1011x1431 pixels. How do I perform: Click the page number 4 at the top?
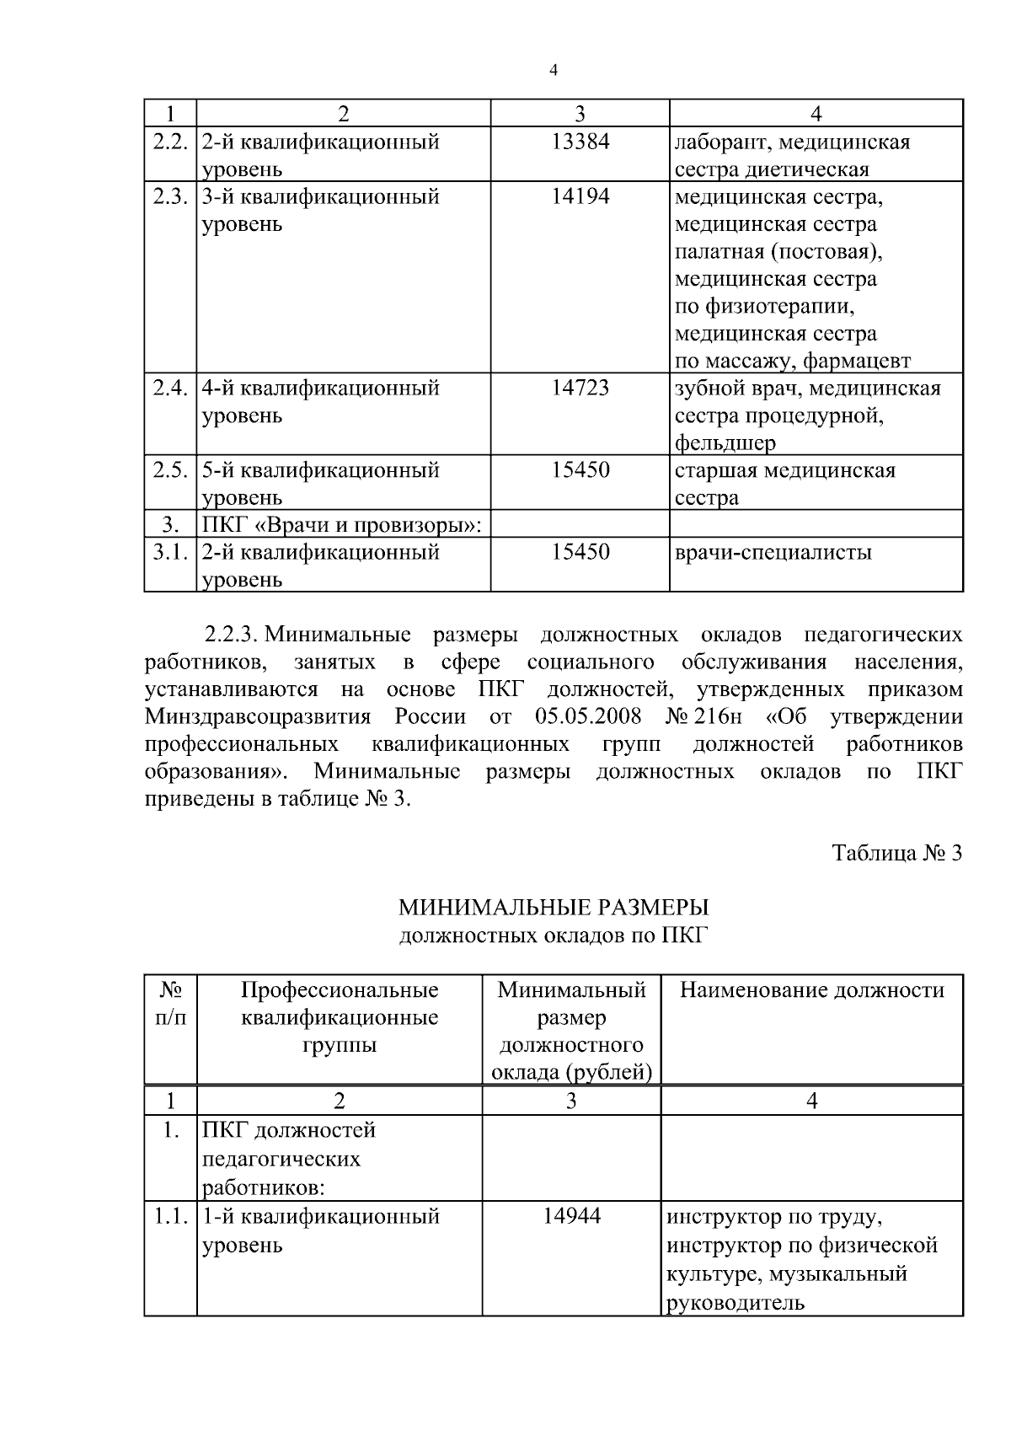point(554,71)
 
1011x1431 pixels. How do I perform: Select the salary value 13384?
point(580,142)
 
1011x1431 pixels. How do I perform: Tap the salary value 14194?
point(580,196)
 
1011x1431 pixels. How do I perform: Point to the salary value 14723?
point(580,388)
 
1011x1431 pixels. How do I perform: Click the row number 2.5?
point(169,469)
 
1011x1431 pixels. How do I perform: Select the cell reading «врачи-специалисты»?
point(773,552)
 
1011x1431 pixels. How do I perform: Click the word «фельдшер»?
point(725,442)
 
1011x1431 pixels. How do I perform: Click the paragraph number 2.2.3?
point(236,634)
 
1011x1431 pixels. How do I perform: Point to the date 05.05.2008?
point(588,716)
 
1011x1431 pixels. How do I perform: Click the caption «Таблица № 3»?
point(896,853)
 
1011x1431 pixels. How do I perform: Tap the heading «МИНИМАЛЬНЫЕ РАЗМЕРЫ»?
point(554,908)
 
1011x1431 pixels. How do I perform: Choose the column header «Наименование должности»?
point(811,989)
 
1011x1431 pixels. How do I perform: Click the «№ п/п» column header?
point(170,1003)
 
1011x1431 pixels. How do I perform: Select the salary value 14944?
point(571,1216)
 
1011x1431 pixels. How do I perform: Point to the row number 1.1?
point(169,1216)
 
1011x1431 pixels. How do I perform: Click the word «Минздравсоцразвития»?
point(258,716)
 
